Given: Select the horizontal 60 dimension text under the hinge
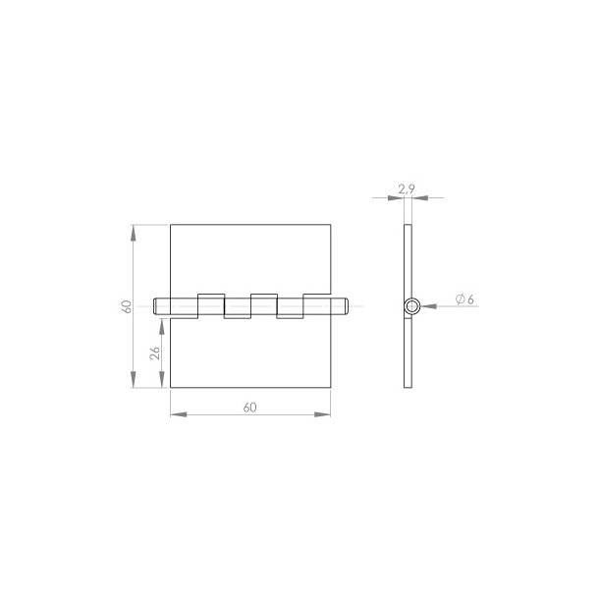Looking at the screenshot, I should point(250,406).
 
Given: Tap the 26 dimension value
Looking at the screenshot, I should point(155,353).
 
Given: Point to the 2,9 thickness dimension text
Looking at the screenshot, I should point(407,188).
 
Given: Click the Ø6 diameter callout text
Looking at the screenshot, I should point(464,299).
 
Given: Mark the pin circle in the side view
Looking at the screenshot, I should point(410,306).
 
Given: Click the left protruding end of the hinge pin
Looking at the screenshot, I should point(160,306).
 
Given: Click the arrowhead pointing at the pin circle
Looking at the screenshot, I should point(426,306).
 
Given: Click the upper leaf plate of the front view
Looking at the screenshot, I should point(250,260).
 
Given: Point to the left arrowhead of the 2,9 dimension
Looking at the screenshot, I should point(398,198).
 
